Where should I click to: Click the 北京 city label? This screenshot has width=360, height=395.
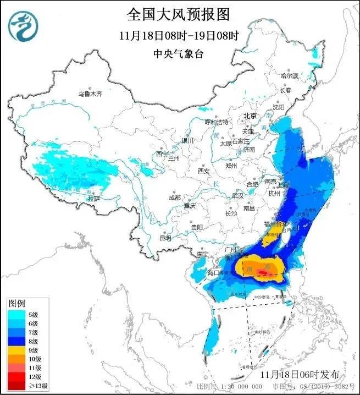coord(250,116)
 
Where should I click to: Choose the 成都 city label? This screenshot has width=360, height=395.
coord(174,197)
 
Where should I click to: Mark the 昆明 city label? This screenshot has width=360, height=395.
coord(165,238)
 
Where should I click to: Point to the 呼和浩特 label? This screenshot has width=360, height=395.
coord(216,122)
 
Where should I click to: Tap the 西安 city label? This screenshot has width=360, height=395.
coord(204,171)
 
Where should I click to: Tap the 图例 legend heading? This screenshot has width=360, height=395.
coord(16,303)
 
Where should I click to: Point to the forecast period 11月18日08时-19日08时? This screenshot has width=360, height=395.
coord(179,36)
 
